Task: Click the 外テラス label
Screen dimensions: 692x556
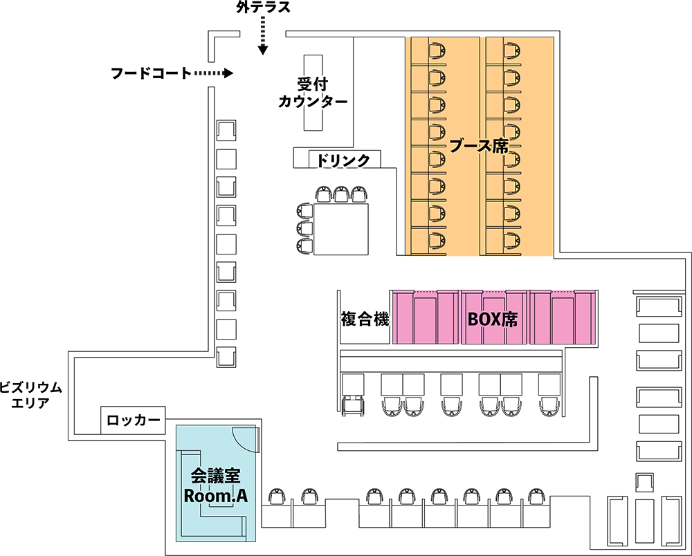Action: [x=263, y=8]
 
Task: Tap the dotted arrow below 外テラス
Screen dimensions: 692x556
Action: [x=263, y=36]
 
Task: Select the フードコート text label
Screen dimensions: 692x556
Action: [x=151, y=73]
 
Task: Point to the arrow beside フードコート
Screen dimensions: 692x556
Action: [x=214, y=73]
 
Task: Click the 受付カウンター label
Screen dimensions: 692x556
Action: [x=313, y=93]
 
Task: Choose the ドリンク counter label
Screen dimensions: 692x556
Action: [x=344, y=160]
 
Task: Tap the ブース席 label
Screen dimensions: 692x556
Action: [x=480, y=145]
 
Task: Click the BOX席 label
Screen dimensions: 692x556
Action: [x=493, y=319]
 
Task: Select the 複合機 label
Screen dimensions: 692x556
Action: [x=365, y=318]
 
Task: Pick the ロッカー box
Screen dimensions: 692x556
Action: [x=133, y=420]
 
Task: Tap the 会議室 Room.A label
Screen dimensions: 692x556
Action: [x=215, y=485]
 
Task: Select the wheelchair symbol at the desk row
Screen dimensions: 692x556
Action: [x=353, y=405]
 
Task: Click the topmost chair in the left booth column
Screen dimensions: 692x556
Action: [x=437, y=50]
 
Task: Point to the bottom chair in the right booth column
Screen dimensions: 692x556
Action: [x=511, y=240]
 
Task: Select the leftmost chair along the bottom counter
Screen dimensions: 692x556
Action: [x=277, y=497]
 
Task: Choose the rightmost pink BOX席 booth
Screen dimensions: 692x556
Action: [x=563, y=317]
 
